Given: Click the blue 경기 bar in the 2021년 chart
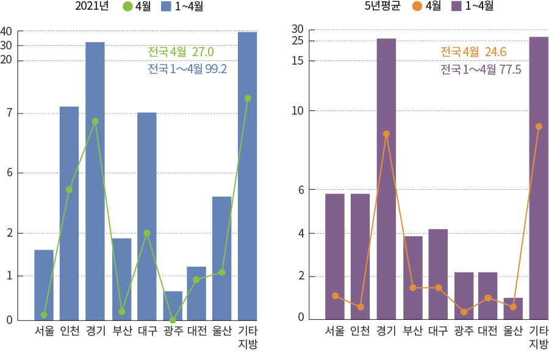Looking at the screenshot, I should click(x=95, y=183).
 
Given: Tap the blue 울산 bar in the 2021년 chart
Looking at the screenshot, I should click(x=222, y=256).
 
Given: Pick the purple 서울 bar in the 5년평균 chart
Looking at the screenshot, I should click(x=335, y=256).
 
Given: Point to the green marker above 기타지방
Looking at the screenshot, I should click(x=248, y=98).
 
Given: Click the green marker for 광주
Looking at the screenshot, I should click(x=173, y=320).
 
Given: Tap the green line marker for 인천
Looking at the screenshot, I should click(x=70, y=190).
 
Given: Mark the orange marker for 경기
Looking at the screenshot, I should click(x=386, y=134).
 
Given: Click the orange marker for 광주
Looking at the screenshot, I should click(x=464, y=312).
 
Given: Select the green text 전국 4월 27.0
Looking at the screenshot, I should click(x=181, y=52).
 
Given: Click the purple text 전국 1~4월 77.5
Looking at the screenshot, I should click(x=481, y=70).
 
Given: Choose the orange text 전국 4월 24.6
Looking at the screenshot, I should click(x=474, y=52).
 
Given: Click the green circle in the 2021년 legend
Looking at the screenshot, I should click(x=127, y=7).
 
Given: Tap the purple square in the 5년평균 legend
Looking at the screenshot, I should click(x=456, y=7).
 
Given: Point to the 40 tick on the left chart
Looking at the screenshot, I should click(x=6, y=31).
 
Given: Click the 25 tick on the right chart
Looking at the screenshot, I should click(x=297, y=41).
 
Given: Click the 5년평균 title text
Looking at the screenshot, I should click(x=382, y=7).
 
